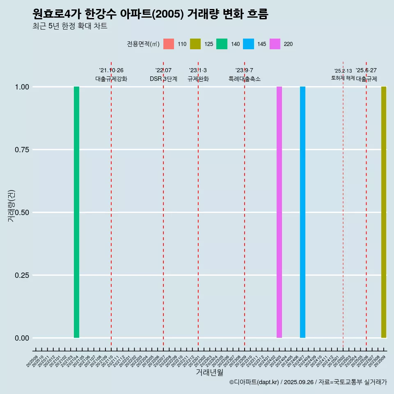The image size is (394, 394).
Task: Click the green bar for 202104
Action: click(x=76, y=212)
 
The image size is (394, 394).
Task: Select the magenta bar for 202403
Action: click(x=279, y=212)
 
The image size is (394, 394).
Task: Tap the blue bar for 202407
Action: click(x=302, y=212)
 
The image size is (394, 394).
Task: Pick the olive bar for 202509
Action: click(x=384, y=212)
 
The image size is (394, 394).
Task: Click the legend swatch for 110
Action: click(x=169, y=44)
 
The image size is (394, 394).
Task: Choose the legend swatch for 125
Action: click(x=195, y=44)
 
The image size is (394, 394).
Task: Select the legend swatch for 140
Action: click(x=222, y=44)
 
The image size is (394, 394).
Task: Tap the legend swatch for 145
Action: click(x=248, y=44)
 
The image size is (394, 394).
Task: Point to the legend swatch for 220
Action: click(x=275, y=44)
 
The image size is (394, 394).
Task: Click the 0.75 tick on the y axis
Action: click(x=22, y=149)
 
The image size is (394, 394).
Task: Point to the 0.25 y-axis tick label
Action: click(x=22, y=275)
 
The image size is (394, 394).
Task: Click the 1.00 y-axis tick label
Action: click(x=22, y=87)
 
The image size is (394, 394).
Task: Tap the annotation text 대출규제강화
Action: click(x=111, y=79)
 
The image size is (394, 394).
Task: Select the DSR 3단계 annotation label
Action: click(x=163, y=79)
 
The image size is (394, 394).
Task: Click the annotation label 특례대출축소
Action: click(x=245, y=79)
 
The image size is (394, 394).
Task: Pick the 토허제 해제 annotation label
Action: click(x=343, y=78)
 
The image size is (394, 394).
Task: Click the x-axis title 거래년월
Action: click(x=209, y=372)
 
